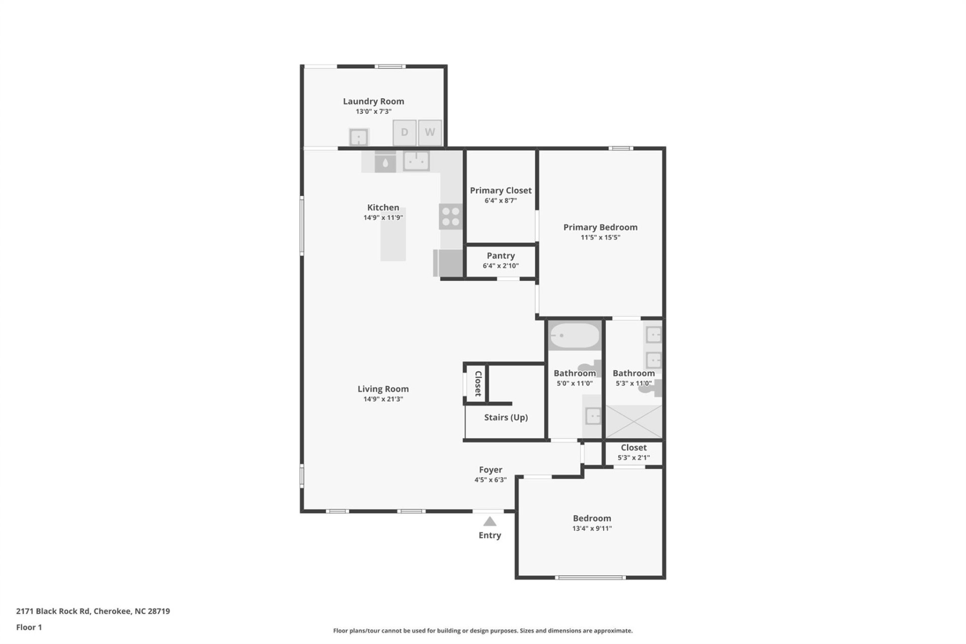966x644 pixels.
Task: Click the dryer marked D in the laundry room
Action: click(x=404, y=132)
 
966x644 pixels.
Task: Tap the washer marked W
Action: click(x=430, y=132)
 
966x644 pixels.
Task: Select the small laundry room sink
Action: click(x=359, y=137)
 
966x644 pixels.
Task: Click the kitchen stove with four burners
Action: click(x=450, y=216)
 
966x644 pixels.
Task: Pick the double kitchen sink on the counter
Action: click(x=416, y=162)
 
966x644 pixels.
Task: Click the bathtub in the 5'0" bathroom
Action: click(x=574, y=335)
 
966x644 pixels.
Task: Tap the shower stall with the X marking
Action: click(x=633, y=421)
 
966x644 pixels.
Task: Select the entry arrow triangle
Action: click(x=490, y=521)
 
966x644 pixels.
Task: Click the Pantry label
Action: click(x=501, y=256)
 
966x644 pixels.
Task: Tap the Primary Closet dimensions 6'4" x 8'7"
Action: click(x=501, y=201)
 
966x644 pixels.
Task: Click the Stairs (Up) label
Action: click(x=506, y=417)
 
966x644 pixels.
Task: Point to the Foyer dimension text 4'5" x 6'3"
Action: click(x=491, y=480)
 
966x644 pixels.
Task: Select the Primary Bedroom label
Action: click(x=600, y=227)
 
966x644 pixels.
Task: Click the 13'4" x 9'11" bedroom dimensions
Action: click(x=592, y=528)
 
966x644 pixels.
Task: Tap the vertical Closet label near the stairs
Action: click(x=478, y=383)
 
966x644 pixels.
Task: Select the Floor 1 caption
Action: click(x=29, y=627)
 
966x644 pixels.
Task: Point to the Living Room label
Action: click(x=383, y=389)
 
